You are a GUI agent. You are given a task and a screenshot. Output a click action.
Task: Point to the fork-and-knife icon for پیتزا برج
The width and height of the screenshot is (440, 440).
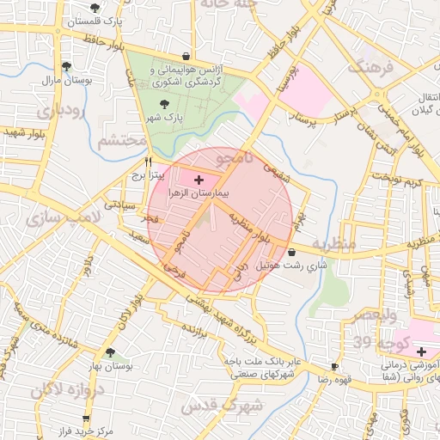pos(149,161)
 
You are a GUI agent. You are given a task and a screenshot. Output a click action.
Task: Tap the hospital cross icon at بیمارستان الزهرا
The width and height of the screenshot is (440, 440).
pos(199,180)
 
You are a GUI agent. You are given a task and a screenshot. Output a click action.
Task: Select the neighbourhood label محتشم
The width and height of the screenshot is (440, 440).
pos(119,142)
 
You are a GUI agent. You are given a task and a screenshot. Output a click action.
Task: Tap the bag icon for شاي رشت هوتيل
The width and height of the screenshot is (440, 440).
pos(295,253)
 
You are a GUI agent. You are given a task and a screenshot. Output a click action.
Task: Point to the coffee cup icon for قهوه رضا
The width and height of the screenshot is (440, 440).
pos(334,365)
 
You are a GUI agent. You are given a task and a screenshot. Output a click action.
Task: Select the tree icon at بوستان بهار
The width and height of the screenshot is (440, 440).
pos(109,352)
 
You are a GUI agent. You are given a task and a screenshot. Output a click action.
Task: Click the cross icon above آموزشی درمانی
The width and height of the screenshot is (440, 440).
pos(421,351)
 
